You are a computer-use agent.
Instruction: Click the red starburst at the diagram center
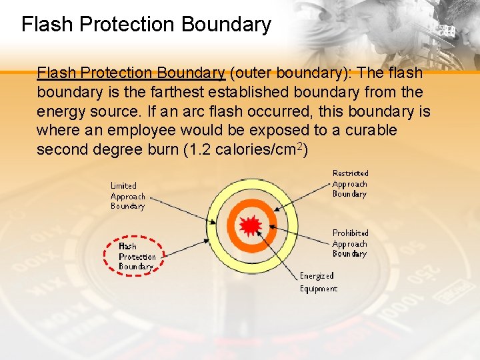[x=249, y=226]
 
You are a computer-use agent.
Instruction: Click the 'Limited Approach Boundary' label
[x=127, y=196]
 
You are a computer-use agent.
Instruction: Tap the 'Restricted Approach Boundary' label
[x=350, y=183]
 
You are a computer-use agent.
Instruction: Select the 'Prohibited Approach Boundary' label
[x=350, y=243]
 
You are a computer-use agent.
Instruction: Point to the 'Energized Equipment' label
[x=318, y=282]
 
